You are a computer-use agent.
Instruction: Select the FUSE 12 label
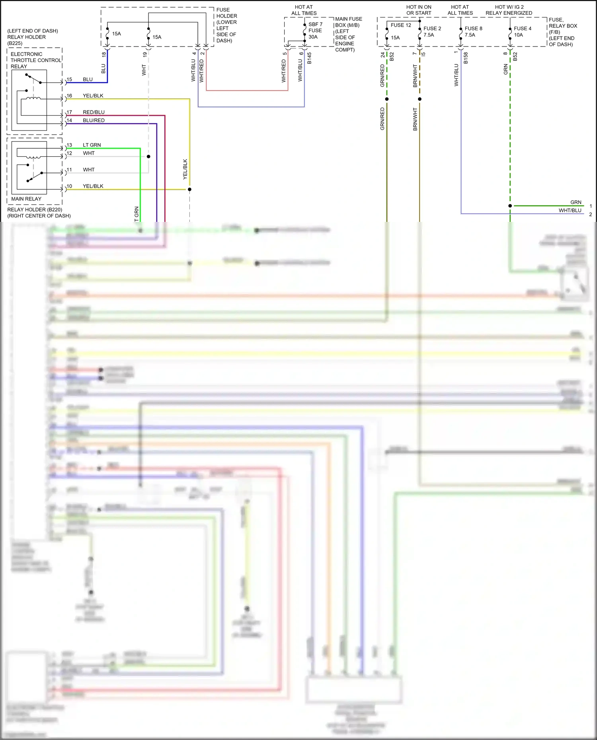pos(401,25)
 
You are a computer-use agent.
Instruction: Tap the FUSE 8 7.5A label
pos(473,32)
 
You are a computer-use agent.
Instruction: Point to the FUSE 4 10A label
pos(522,32)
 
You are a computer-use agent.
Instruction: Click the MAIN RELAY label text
pos(26,199)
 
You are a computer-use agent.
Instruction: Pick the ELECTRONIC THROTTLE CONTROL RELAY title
pos(35,60)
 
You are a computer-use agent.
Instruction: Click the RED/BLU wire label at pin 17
pos(94,112)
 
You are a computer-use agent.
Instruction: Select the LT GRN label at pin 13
pos(92,145)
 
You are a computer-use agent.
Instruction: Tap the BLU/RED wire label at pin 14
pos(94,120)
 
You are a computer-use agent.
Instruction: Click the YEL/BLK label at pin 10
pos(93,186)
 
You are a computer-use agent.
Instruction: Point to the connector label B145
pos(309,58)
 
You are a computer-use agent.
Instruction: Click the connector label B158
pos(466,58)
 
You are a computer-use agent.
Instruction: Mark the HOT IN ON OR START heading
pos(419,10)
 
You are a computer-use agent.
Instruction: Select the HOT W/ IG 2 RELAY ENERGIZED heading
pos(509,10)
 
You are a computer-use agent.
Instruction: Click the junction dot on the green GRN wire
pos(510,206)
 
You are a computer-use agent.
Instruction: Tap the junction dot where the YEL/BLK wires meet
pos(189,189)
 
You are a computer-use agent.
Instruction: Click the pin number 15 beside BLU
pos(69,80)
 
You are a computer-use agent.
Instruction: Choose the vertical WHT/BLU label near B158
pos(457,75)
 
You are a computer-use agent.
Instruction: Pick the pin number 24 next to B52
pos(383,55)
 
